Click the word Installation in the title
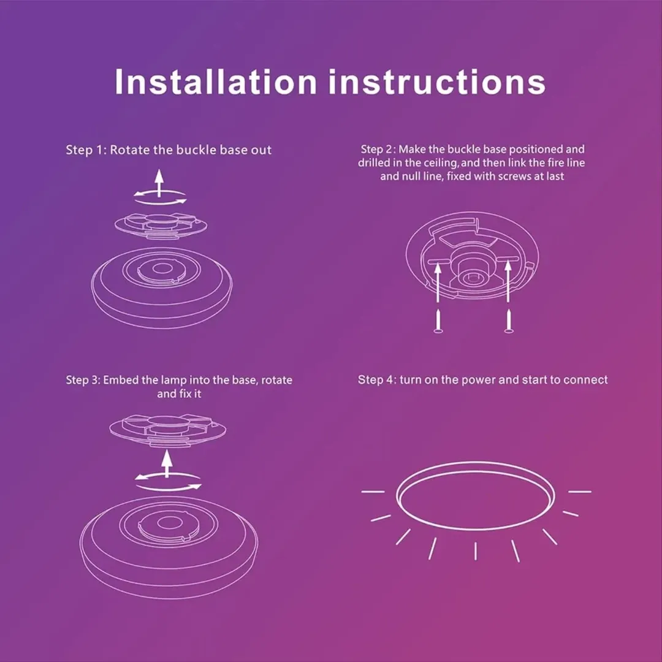215,82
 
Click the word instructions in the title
437,82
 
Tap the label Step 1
86,150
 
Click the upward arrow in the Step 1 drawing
159,183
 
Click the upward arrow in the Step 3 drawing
167,463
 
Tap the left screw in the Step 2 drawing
438,321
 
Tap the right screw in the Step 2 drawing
509,321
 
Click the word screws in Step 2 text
515,177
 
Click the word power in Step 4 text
478,380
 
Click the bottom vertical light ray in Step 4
476,551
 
